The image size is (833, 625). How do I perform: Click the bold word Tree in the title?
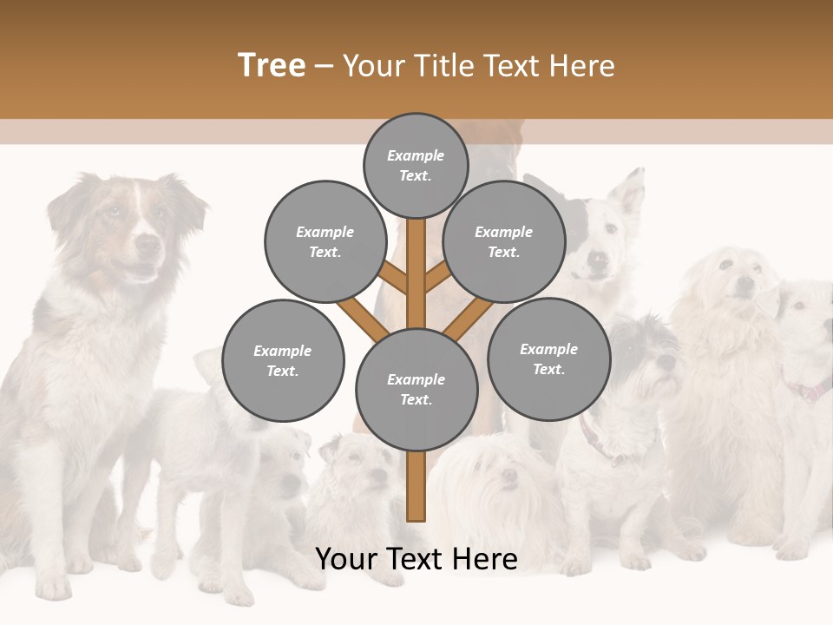click(x=272, y=66)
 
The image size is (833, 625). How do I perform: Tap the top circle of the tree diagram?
click(x=416, y=165)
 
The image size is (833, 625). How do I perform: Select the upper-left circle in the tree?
click(x=325, y=241)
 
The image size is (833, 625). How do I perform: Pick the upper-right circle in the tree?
click(x=504, y=241)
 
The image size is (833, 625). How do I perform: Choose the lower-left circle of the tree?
click(x=283, y=360)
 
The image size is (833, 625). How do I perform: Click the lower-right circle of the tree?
click(x=548, y=359)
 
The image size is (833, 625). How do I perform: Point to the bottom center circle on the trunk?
click(x=416, y=389)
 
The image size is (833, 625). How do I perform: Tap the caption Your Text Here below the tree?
click(x=416, y=559)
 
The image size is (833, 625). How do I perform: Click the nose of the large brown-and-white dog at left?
click(x=149, y=246)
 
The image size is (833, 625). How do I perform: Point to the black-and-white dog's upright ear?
click(x=631, y=193)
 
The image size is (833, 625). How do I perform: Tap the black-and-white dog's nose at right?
click(x=597, y=259)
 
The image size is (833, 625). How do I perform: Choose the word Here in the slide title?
click(x=583, y=66)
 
